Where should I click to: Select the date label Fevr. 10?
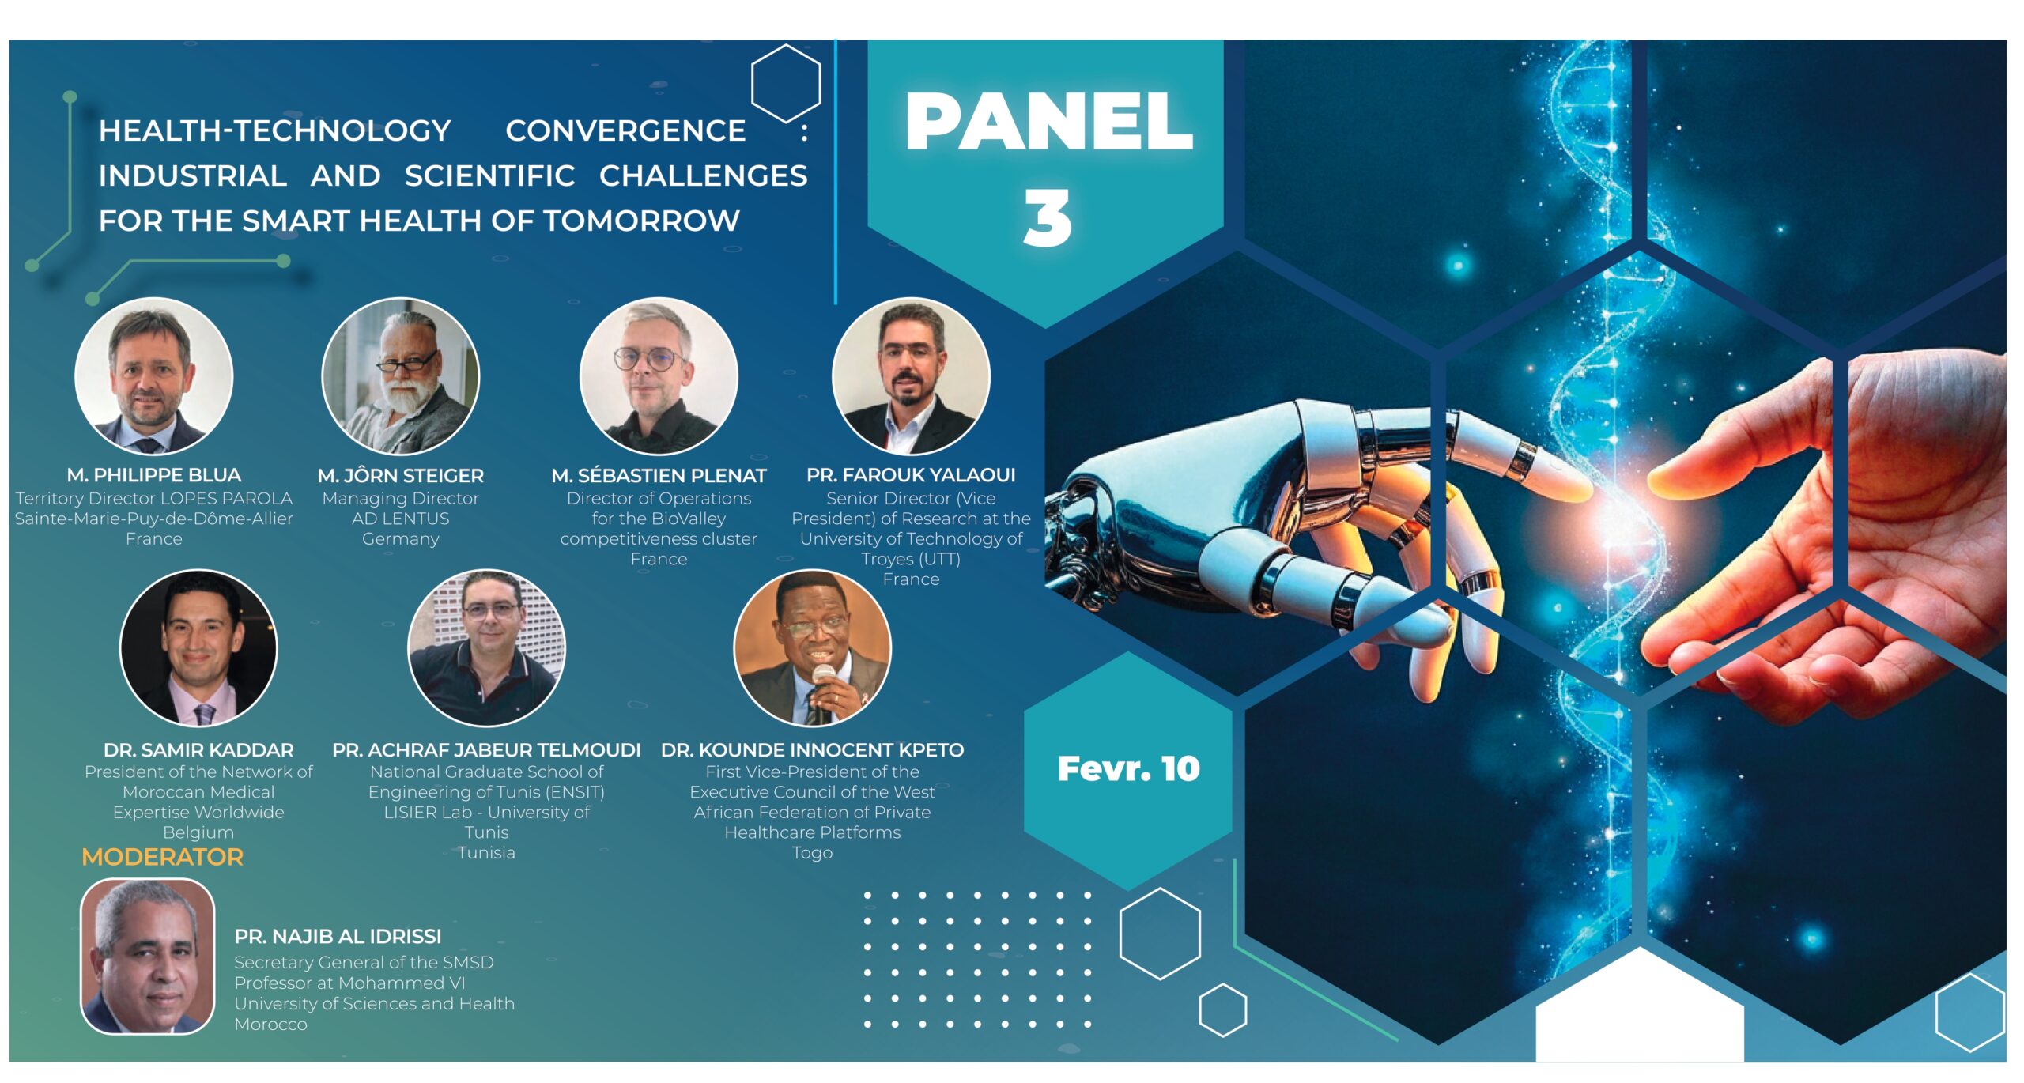pyautogui.click(x=1128, y=768)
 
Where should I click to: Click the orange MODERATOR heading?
pyautogui.click(x=162, y=857)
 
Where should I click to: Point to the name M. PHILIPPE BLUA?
pyautogui.click(x=154, y=475)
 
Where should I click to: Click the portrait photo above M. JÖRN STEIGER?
pyautogui.click(x=401, y=375)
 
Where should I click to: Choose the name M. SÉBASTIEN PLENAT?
pyautogui.click(x=659, y=475)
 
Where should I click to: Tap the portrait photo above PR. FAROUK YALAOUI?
pyautogui.click(x=911, y=375)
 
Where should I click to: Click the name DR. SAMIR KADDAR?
pyautogui.click(x=198, y=749)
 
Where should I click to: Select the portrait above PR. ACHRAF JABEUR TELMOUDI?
pyautogui.click(x=486, y=648)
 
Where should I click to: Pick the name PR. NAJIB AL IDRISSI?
pyautogui.click(x=338, y=936)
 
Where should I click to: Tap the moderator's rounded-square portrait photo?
pyautogui.click(x=147, y=957)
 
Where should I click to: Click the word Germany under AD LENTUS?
pyautogui.click(x=400, y=539)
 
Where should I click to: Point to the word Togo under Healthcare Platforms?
pyautogui.click(x=812, y=853)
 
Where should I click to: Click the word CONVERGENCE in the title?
pyautogui.click(x=625, y=130)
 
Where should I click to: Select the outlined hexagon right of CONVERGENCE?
pyautogui.click(x=786, y=83)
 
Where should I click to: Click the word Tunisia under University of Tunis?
pyautogui.click(x=486, y=853)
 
